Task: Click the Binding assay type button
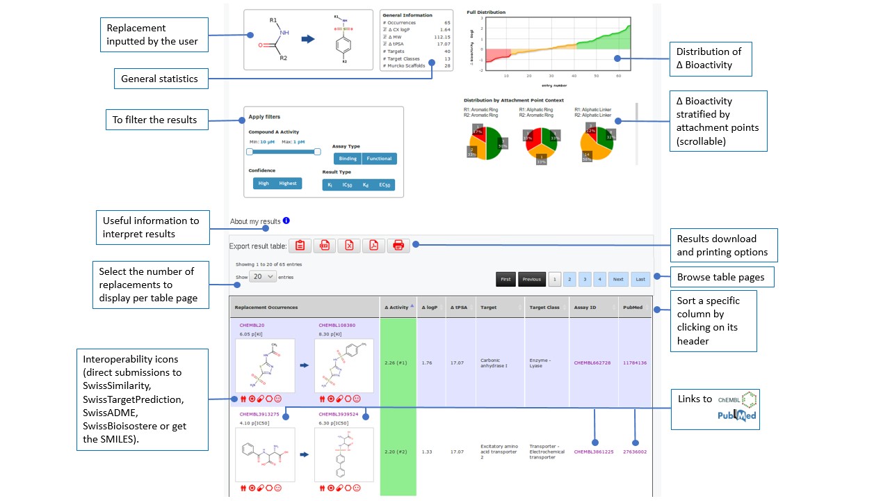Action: tap(348, 159)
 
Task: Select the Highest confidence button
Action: tap(288, 183)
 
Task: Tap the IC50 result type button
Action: tap(348, 185)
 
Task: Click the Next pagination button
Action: tap(618, 279)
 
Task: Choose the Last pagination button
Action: tap(640, 279)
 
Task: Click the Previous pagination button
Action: tap(531, 279)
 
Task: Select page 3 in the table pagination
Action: tap(585, 279)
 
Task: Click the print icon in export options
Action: tap(398, 245)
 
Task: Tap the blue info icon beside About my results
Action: tap(286, 221)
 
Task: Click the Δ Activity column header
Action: tap(398, 307)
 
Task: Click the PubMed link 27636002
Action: tap(634, 452)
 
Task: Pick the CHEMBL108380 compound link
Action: tap(337, 325)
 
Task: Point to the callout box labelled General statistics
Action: tap(159, 79)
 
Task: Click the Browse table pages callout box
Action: tap(721, 277)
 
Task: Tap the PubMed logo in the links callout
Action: tap(737, 416)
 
